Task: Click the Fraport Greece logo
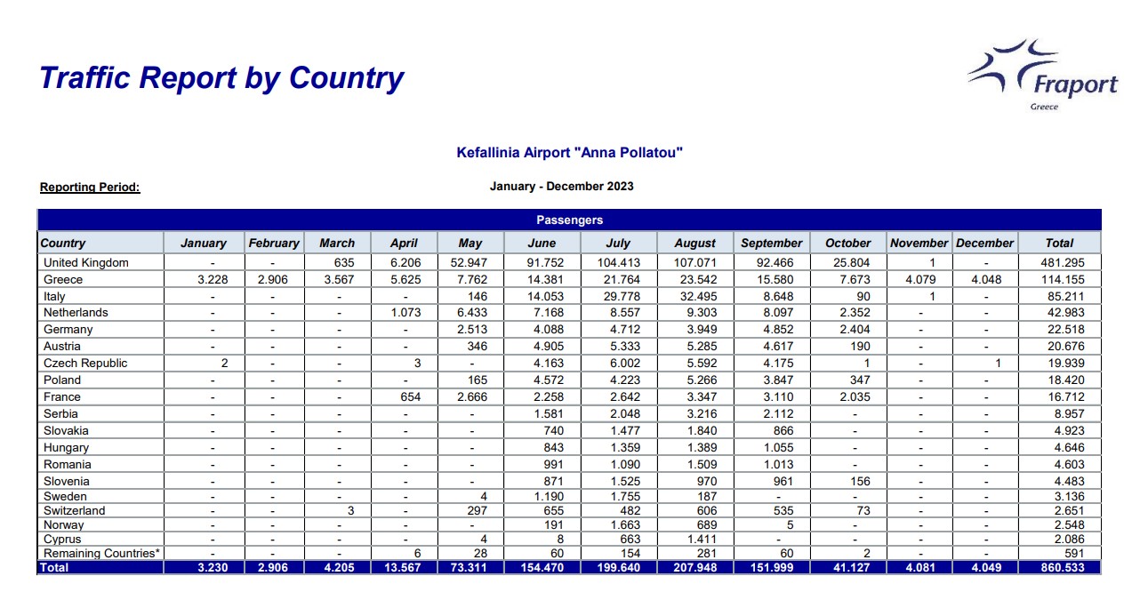click(1045, 75)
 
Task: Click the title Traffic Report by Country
click(221, 78)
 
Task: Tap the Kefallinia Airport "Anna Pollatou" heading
click(569, 153)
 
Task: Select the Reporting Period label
click(90, 188)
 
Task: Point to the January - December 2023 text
click(561, 187)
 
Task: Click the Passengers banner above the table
click(569, 220)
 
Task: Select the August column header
click(694, 243)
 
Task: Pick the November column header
click(919, 243)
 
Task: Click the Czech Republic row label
click(85, 363)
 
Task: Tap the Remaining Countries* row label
click(102, 553)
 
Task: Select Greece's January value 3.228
click(213, 280)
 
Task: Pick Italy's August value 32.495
click(694, 297)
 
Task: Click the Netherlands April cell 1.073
click(404, 313)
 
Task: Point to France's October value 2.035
click(847, 397)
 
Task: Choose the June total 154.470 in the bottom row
click(542, 567)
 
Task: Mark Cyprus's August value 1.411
click(694, 540)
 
